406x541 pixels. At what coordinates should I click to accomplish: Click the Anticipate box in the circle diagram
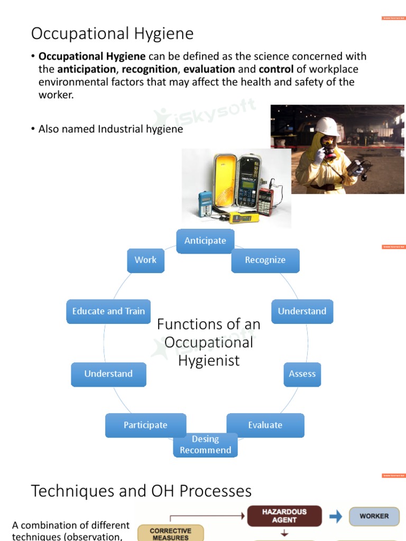205,241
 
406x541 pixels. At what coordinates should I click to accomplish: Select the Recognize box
265,260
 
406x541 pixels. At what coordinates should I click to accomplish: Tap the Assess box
302,374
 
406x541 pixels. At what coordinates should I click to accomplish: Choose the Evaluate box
265,425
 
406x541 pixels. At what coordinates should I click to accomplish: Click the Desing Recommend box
205,445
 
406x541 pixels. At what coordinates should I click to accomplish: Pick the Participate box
145,425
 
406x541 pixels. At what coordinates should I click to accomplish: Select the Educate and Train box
108,311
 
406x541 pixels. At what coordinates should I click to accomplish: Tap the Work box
145,260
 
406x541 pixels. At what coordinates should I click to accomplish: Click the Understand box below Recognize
302,311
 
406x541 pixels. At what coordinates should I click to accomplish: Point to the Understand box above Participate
108,374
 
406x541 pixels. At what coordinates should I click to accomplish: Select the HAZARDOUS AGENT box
284,516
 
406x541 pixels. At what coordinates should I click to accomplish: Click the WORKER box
374,516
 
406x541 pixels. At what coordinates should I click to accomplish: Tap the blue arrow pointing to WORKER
336,516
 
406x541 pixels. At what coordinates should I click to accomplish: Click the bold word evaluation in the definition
209,69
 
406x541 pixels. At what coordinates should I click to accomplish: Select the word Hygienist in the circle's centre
209,360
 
